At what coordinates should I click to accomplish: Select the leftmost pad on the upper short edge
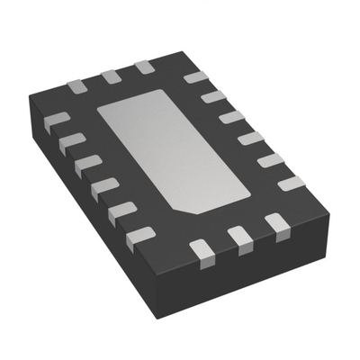[x=78, y=86]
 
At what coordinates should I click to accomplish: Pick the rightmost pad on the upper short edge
[x=143, y=67]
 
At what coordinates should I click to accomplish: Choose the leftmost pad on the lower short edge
[x=200, y=247]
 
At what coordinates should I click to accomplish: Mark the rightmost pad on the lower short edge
[x=274, y=221]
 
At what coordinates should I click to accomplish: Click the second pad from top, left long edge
[x=71, y=141]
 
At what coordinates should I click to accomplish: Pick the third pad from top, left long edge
[x=87, y=164]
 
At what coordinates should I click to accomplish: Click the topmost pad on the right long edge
[x=195, y=78]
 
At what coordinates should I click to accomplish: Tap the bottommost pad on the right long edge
[x=290, y=184]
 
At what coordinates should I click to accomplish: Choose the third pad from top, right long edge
[x=231, y=117]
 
